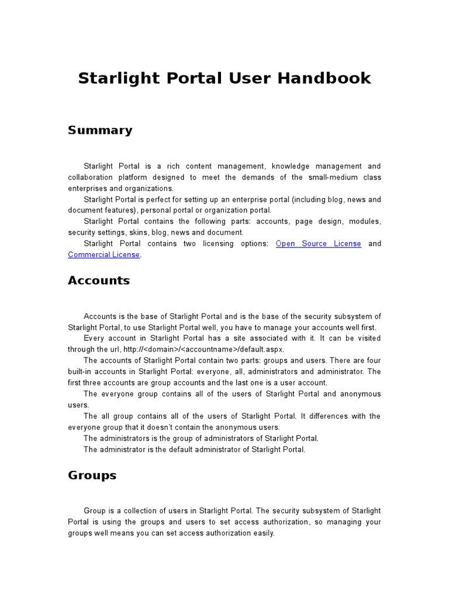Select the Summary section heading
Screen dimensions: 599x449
[x=100, y=130]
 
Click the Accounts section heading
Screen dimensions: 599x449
[x=99, y=281]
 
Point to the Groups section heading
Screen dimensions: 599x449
[x=92, y=476]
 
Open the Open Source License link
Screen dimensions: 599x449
[x=318, y=244]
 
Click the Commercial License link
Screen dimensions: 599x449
[x=103, y=254]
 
